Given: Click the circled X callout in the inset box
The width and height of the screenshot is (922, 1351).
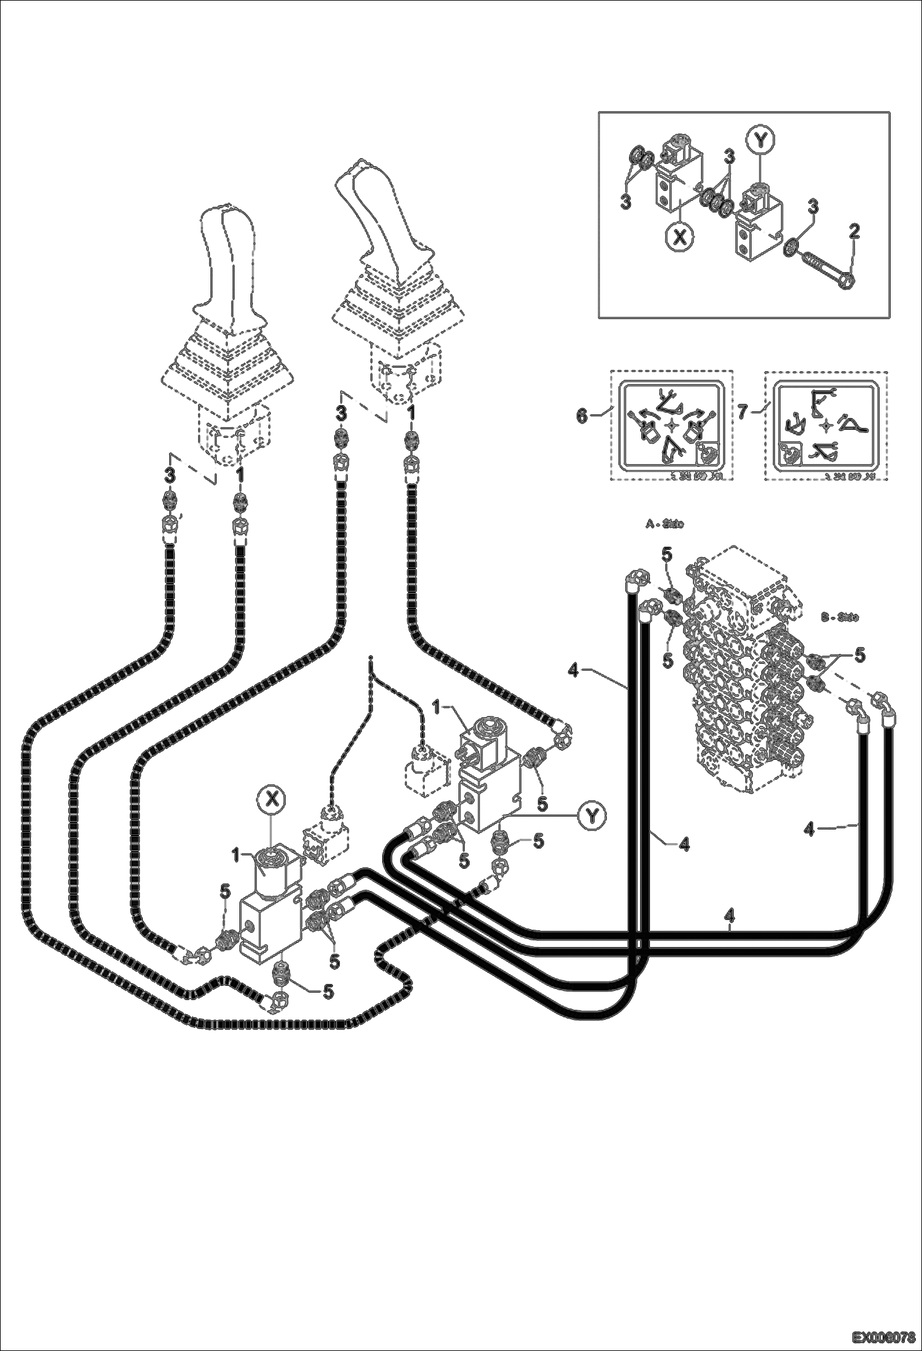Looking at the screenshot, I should [x=679, y=237].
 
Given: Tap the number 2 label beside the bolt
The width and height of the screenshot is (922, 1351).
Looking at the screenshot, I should [x=854, y=232].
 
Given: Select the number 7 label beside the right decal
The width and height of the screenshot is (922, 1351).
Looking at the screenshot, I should [x=744, y=412].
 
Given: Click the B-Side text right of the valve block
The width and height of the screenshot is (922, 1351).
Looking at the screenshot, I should [x=840, y=616].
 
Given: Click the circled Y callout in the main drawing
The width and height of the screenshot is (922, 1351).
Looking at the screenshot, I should [x=591, y=815].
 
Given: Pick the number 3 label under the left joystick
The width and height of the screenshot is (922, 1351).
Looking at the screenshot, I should [x=170, y=475].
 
